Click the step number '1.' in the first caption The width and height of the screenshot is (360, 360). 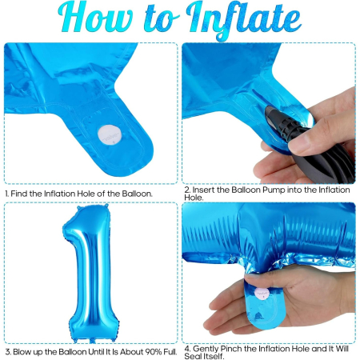pyautogui.click(x=7, y=194)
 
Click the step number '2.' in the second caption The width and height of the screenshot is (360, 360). pyautogui.click(x=186, y=189)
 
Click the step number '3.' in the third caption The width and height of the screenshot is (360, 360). pyautogui.click(x=7, y=351)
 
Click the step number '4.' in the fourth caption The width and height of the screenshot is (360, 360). pyautogui.click(x=186, y=348)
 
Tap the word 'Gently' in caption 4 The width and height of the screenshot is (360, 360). pyautogui.click(x=204, y=348)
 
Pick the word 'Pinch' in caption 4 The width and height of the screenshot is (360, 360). pyautogui.click(x=233, y=348)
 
